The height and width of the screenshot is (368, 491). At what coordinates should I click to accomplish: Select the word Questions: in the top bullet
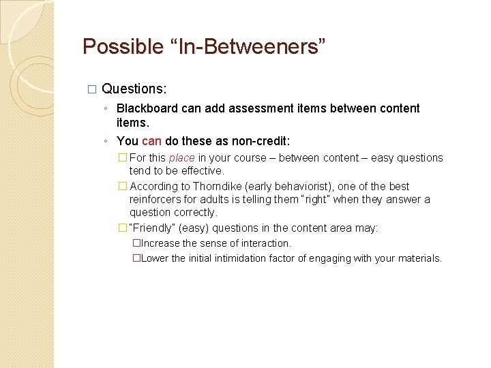coord(134,89)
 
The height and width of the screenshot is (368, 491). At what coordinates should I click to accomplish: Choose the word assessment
coord(261,108)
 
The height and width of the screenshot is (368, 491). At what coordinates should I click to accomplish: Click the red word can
coord(151,141)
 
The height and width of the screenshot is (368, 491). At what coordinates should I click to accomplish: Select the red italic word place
coord(181,158)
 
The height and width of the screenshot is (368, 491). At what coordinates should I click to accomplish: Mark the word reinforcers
coord(156,199)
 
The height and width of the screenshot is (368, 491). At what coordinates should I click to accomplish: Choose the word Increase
coord(160,243)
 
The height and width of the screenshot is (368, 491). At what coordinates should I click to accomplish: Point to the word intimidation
coord(241,258)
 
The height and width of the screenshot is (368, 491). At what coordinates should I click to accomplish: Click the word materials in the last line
coord(418,258)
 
